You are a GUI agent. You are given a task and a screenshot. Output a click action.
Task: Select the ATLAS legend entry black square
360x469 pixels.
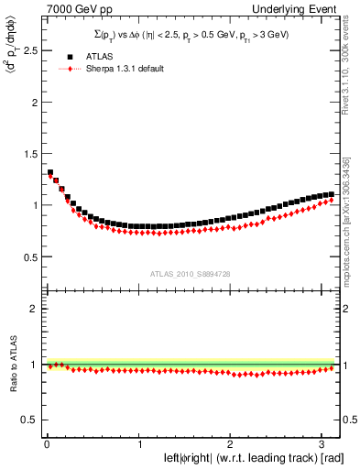pyautogui.click(x=58, y=56)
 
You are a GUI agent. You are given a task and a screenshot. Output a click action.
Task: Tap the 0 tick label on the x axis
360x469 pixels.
pyautogui.click(x=46, y=444)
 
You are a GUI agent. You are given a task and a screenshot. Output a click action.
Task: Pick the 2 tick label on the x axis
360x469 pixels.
pyautogui.click(x=231, y=444)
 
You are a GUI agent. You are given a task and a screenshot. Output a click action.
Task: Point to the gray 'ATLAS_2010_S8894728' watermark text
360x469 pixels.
pyautogui.click(x=188, y=274)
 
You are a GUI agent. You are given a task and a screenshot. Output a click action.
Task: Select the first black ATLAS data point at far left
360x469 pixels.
pyautogui.click(x=50, y=172)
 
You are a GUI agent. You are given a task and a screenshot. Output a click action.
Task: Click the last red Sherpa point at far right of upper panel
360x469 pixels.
pyautogui.click(x=332, y=200)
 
